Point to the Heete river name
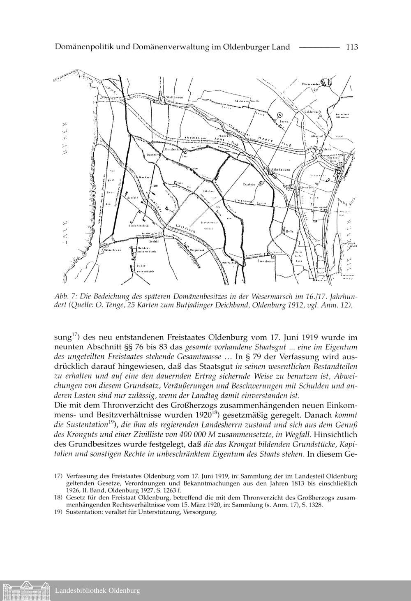pos(265,140)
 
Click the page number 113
pos(352,47)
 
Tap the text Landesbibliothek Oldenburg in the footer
pos(97,591)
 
